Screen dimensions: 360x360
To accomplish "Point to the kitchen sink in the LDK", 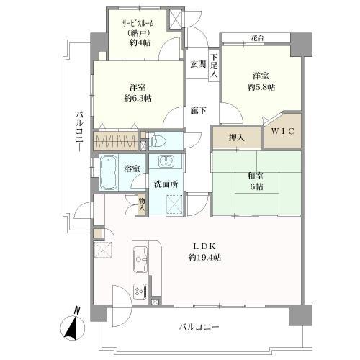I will point(140,255).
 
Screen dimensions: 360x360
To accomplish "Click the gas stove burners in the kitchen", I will point(139,291).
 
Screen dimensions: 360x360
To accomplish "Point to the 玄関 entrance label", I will point(198,65).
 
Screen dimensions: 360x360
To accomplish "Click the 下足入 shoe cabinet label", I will point(215,66).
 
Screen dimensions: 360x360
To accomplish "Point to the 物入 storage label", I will point(143,204).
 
